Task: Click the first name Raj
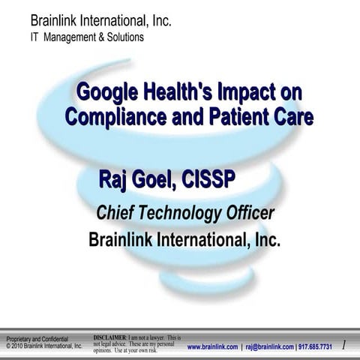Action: tap(113, 180)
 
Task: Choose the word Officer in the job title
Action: tap(250, 212)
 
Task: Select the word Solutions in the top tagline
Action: tap(123, 37)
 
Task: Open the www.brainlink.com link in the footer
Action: tap(212, 346)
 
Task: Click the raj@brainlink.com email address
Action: tap(268, 346)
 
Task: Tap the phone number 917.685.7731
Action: tap(315, 346)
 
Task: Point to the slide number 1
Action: tap(343, 345)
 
